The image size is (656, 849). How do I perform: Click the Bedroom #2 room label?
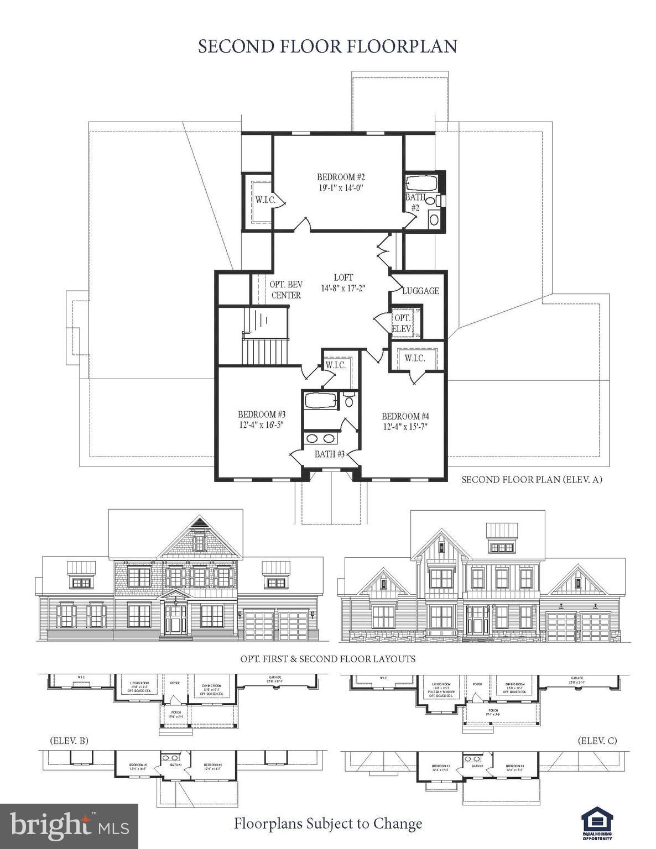[x=341, y=177]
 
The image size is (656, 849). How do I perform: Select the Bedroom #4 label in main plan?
[x=405, y=416]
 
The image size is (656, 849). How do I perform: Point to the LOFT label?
[x=343, y=277]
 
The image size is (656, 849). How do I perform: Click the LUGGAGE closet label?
[x=420, y=291]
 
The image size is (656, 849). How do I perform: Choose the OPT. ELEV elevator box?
[x=402, y=323]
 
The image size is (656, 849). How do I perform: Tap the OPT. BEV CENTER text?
[x=285, y=290]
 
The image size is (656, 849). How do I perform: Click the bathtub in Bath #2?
[x=421, y=183]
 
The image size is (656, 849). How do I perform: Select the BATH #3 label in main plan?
[x=330, y=454]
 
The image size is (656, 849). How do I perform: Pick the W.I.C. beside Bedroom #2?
[x=265, y=200]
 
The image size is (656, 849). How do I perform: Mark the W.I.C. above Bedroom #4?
[x=414, y=358]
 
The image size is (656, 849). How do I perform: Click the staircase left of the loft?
[x=265, y=337]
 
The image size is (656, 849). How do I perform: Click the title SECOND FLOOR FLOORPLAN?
[x=327, y=46]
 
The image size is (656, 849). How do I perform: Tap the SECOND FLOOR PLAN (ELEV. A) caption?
[x=532, y=480]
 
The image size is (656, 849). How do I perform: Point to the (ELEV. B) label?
[x=69, y=740]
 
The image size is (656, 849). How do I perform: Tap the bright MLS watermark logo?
[x=69, y=826]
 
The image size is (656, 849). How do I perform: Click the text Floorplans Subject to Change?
[x=327, y=824]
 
